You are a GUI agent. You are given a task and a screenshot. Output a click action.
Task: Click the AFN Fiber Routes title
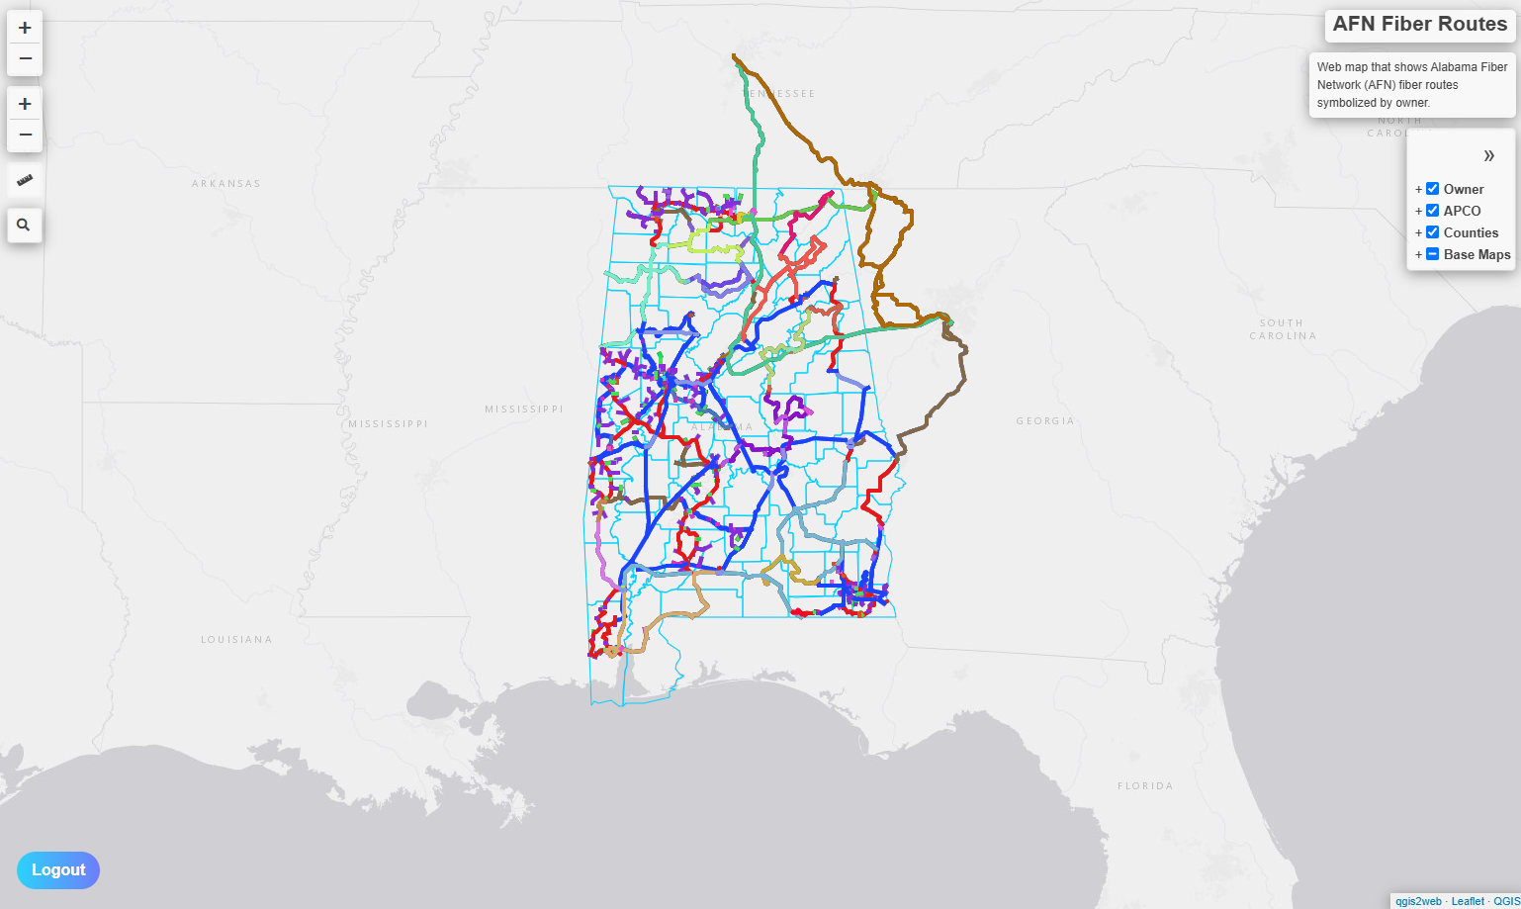coord(1419,25)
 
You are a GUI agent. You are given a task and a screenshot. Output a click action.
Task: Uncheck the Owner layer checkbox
coord(1432,189)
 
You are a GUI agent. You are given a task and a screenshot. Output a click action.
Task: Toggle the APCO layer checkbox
coord(1432,211)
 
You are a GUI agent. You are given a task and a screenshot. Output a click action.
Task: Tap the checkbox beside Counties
coord(1432,232)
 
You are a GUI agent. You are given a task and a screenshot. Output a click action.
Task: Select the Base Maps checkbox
coord(1432,254)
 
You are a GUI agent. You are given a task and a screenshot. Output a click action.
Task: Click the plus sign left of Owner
coord(1418,189)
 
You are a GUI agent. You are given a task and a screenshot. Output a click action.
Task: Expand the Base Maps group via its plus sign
coord(1418,254)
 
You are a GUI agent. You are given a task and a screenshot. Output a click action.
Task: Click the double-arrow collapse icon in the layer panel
coord(1488,155)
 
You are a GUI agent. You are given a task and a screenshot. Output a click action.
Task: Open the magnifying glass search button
coord(25,226)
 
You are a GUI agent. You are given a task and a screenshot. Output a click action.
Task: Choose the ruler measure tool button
coord(25,180)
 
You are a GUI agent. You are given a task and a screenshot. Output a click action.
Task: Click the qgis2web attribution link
coord(1418,901)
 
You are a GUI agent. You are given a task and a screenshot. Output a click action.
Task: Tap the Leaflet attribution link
coord(1468,901)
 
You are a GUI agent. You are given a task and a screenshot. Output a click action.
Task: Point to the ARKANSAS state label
coord(226,184)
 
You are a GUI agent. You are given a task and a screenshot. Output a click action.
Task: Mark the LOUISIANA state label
coord(236,640)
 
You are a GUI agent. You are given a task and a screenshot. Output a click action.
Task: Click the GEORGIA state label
coord(1045,421)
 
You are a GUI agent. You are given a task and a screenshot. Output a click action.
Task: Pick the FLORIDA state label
coord(1145,786)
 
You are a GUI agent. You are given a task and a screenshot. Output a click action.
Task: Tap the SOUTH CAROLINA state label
coord(1282,329)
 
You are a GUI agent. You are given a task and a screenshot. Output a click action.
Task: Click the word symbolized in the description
coord(1347,103)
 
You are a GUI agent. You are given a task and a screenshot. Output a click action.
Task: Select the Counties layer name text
coord(1471,232)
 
